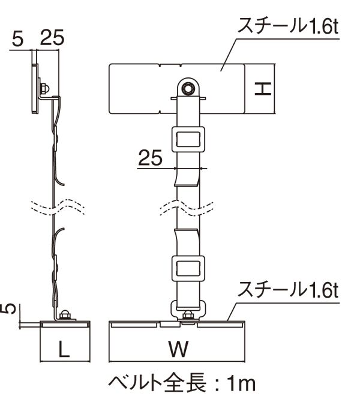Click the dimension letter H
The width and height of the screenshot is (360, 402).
(x=263, y=89)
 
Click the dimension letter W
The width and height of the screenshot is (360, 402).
(x=178, y=349)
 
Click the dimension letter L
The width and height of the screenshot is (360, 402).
(x=64, y=349)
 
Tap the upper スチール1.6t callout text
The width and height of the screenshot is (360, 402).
(x=288, y=26)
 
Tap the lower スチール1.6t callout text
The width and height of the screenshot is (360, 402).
(x=288, y=290)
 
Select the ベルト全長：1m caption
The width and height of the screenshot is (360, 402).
(x=182, y=384)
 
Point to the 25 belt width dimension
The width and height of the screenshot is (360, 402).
(x=150, y=157)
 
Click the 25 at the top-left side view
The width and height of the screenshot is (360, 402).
(x=52, y=37)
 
